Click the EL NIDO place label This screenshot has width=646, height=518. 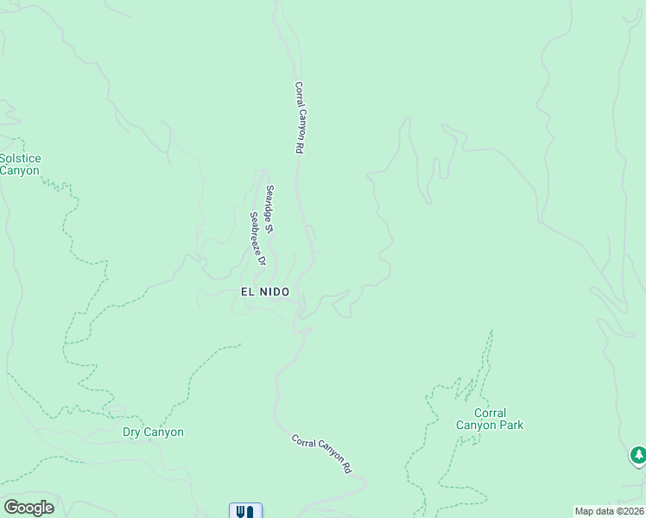pyautogui.click(x=264, y=293)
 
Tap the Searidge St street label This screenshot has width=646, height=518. pyautogui.click(x=269, y=210)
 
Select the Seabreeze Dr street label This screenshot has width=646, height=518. pyautogui.click(x=256, y=238)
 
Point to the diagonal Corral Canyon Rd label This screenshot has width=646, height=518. pyautogui.click(x=321, y=453)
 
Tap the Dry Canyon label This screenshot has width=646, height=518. pyautogui.click(x=153, y=433)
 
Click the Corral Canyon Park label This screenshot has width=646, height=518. pyautogui.click(x=490, y=419)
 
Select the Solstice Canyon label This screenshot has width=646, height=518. pyautogui.click(x=19, y=164)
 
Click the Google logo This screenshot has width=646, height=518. pyautogui.click(x=28, y=507)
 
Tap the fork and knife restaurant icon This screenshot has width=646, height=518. pyautogui.click(x=245, y=511)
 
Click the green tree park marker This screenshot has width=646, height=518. pyautogui.click(x=637, y=454)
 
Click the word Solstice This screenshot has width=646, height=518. pyautogui.click(x=21, y=158)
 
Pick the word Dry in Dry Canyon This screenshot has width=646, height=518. pyautogui.click(x=131, y=433)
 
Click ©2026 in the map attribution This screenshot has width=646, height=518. pyautogui.click(x=628, y=511)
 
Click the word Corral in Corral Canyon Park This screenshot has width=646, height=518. pyautogui.click(x=490, y=413)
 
